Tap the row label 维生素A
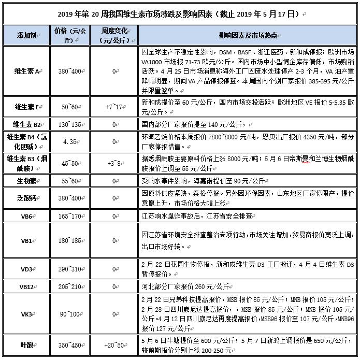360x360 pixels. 26,70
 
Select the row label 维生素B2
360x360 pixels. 26,124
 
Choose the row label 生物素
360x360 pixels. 26,181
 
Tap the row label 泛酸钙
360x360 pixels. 26,198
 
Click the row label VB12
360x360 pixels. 26,286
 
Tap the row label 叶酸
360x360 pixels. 26,344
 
